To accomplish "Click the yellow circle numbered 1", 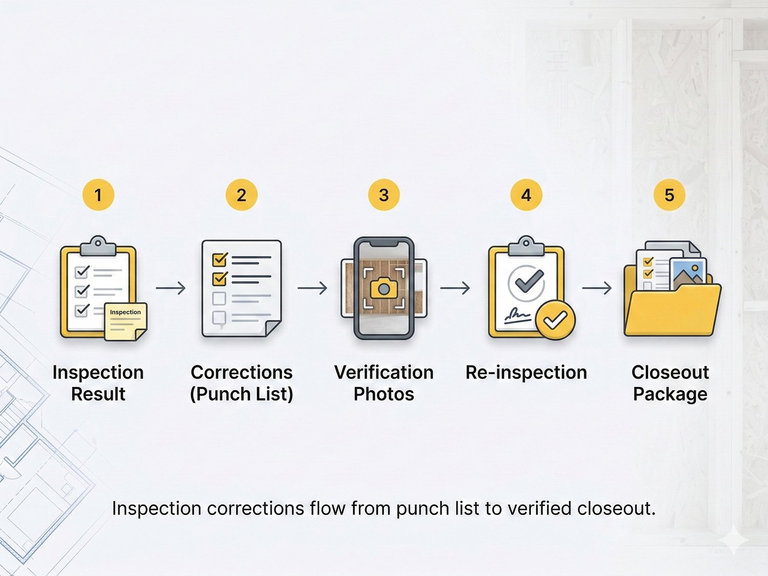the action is (98, 195).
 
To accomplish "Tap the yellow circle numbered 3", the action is (384, 195).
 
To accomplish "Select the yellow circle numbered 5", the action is (669, 195).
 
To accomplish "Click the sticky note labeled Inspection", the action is (125, 322).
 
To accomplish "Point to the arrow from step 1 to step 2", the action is (170, 288).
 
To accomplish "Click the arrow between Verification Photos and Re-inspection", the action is (455, 288).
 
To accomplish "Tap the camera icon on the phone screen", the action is (384, 288).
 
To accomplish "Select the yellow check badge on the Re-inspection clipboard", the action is (556, 320).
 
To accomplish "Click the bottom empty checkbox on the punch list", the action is (219, 317).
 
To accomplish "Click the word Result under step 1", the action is (98, 394).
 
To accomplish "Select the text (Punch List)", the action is (242, 394).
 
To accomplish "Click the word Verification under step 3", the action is (384, 372).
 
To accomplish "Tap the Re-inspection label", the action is (526, 372).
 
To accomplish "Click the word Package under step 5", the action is (670, 394).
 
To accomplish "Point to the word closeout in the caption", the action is (616, 508).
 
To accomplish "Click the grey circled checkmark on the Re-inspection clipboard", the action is (526, 283).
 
